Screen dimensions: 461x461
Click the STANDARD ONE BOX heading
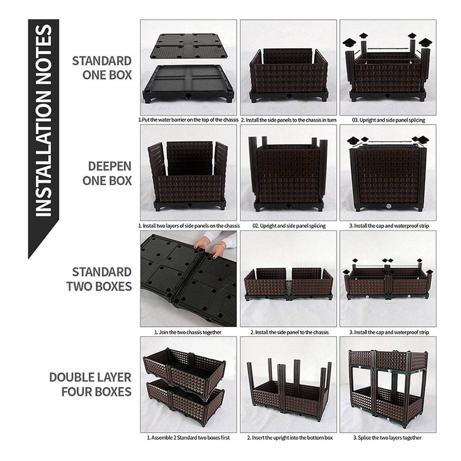(x=102, y=67)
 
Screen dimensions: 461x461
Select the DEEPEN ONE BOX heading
(x=107, y=173)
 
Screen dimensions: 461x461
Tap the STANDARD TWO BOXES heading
(x=99, y=279)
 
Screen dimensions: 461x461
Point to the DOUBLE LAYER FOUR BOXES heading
(x=90, y=384)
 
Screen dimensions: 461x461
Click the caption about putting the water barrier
(x=188, y=120)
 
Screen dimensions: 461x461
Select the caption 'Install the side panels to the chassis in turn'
(x=289, y=120)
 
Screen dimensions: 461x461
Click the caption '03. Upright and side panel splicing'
(x=388, y=120)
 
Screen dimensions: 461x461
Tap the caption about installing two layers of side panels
(x=188, y=226)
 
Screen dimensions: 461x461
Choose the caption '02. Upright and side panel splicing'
(x=289, y=226)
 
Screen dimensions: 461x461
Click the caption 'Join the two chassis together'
(x=188, y=332)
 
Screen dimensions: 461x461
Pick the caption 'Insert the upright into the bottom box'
(x=289, y=438)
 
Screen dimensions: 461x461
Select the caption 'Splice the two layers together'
(x=388, y=438)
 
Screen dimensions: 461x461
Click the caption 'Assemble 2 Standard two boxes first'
(x=188, y=438)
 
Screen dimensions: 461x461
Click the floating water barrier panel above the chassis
(x=188, y=45)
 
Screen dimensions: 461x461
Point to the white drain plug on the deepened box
(x=388, y=206)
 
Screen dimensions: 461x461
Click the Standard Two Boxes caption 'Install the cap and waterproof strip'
(x=388, y=332)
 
